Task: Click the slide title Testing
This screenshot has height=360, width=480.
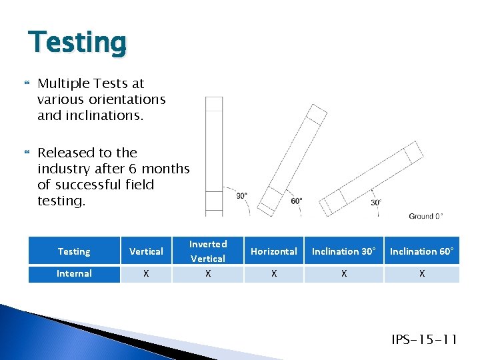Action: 77,43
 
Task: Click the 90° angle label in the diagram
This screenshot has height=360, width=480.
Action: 241,195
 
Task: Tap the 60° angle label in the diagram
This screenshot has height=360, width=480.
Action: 297,200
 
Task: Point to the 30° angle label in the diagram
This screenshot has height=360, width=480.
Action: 376,202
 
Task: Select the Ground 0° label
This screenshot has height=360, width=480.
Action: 425,216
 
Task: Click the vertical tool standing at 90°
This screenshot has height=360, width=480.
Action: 214,157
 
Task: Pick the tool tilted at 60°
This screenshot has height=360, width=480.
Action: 292,160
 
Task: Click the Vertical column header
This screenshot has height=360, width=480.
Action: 146,251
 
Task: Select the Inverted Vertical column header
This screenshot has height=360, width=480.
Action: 208,251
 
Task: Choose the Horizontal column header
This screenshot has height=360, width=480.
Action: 273,251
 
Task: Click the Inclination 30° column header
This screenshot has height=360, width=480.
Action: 343,251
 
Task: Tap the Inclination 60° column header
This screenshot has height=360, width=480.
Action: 421,251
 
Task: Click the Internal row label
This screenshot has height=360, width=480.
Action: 74,273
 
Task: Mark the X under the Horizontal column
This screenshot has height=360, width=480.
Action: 273,273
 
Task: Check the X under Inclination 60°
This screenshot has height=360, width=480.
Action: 421,273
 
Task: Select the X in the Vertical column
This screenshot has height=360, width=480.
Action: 146,273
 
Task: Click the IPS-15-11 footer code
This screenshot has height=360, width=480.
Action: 424,340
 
